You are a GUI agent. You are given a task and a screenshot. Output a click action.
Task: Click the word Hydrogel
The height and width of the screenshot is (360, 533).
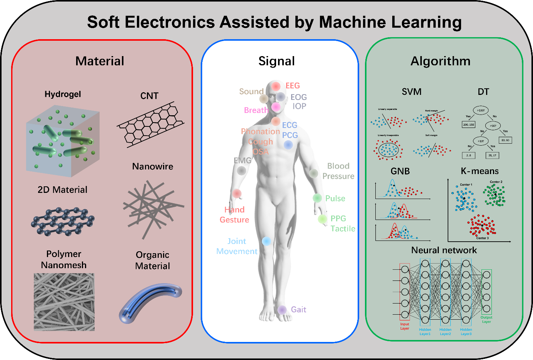tap(63, 94)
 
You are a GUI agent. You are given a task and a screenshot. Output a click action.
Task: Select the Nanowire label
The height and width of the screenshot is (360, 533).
tap(153, 166)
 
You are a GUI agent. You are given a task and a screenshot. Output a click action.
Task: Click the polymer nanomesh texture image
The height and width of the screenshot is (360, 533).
tap(64, 302)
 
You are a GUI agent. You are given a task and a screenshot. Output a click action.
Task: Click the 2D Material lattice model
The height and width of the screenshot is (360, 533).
tap(63, 221)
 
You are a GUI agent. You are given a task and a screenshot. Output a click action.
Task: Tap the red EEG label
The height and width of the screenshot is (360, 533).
tap(293, 86)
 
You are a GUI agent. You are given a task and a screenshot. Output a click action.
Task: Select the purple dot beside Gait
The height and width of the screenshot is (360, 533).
tap(282, 310)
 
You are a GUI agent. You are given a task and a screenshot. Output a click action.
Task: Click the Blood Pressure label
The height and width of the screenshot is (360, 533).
tap(338, 171)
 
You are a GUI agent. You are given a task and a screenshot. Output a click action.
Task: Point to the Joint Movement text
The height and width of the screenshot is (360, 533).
tap(237, 246)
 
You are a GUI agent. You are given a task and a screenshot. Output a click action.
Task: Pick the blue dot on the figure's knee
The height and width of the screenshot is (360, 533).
tap(266, 241)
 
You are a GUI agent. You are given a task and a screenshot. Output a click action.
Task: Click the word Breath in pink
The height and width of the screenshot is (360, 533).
tap(256, 110)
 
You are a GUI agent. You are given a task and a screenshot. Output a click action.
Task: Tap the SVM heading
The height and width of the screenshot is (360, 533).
tap(411, 92)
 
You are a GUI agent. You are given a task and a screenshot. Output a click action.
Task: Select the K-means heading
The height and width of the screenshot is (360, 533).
tap(480, 171)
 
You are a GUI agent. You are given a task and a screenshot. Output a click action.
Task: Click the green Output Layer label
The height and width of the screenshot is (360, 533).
tap(486, 320)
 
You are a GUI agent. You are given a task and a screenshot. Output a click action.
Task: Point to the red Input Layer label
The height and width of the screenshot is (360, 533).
tap(405, 326)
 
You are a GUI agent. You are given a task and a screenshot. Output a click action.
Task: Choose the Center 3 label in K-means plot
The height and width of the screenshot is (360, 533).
tap(482, 238)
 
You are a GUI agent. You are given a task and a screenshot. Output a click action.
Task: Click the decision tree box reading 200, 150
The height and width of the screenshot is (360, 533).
tap(468, 125)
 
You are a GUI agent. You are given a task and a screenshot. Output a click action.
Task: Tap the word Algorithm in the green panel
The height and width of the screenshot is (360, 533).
tap(440, 61)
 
